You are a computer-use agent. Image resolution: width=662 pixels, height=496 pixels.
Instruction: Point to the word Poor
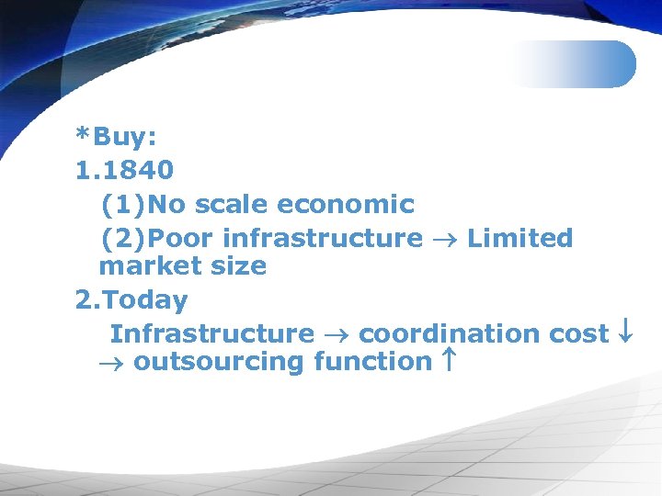(x=181, y=238)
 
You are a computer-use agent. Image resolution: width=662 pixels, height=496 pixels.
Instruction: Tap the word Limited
(x=519, y=238)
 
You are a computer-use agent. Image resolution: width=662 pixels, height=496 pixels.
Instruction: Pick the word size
(x=238, y=266)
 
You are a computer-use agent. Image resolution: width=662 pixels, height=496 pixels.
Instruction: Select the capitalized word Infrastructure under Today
(x=211, y=333)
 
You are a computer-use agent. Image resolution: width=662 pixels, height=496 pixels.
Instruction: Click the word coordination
(x=449, y=333)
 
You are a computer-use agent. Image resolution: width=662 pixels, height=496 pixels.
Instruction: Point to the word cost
(x=578, y=333)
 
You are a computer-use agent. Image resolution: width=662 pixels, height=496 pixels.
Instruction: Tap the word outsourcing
(x=220, y=362)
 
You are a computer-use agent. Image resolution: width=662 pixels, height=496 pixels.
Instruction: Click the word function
(x=372, y=362)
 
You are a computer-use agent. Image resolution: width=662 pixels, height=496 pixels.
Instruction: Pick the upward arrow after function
(x=448, y=362)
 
